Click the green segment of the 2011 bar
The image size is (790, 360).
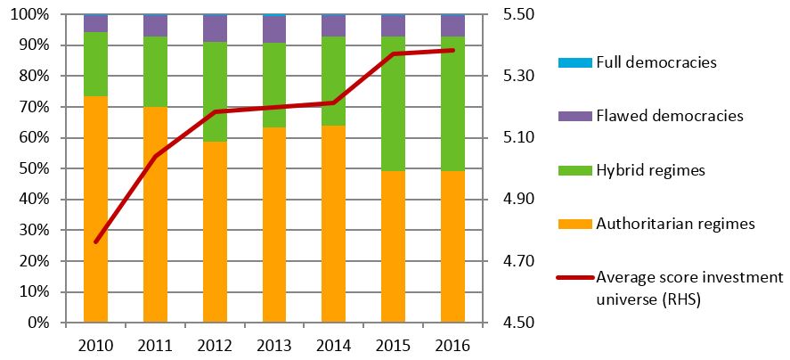pos(155,71)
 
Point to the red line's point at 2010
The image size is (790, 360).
pos(95,241)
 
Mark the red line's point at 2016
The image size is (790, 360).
pos(452,50)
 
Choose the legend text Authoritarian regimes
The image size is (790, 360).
pos(674,224)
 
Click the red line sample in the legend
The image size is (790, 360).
pos(572,277)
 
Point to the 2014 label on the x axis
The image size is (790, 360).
pos(333,346)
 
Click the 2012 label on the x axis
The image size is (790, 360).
pos(215,346)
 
